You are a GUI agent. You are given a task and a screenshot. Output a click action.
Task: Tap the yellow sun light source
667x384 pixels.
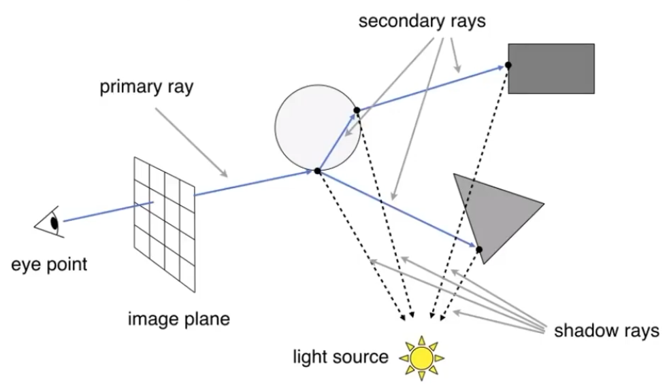click(421, 358)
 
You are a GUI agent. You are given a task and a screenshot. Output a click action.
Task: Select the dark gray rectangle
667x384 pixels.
click(551, 69)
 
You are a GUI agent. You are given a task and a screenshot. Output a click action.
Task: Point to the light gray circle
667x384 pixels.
click(317, 128)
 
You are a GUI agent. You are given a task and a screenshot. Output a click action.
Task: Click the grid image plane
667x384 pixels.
click(165, 224)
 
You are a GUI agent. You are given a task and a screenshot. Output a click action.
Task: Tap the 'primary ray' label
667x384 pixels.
click(146, 87)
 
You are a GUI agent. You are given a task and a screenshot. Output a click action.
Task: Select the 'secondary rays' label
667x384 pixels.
click(422, 21)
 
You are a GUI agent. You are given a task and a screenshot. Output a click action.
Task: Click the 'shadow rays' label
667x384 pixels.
click(606, 330)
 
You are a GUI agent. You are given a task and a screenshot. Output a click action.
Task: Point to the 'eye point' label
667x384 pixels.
click(49, 264)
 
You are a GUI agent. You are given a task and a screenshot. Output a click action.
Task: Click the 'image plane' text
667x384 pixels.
click(178, 319)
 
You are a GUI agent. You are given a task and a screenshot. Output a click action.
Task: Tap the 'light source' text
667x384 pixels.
click(340, 357)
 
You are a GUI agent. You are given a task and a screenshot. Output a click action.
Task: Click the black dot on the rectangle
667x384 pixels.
click(508, 65)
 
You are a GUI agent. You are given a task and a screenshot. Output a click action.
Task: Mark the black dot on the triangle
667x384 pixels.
click(479, 249)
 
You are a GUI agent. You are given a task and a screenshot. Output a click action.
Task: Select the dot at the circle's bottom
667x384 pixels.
click(317, 171)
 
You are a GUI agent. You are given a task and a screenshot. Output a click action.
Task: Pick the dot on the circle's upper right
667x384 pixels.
click(357, 110)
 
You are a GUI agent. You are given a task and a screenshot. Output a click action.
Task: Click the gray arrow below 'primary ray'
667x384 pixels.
click(191, 143)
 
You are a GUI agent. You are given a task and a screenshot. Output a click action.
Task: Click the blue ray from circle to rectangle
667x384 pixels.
click(430, 88)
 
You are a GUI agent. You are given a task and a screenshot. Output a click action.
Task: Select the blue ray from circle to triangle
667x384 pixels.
click(397, 209)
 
